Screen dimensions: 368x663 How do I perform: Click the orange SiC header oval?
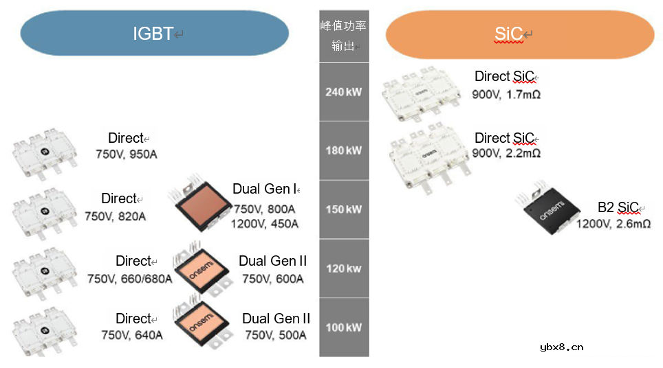[x=519, y=34]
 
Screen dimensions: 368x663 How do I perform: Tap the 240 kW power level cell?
[x=344, y=92]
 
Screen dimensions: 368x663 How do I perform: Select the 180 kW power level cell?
[x=344, y=150]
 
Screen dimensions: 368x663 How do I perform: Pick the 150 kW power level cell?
[x=344, y=209]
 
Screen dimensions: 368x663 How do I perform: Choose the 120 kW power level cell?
[x=344, y=268]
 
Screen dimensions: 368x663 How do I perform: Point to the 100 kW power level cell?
[x=344, y=327]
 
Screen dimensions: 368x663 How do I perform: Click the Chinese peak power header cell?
[x=344, y=36]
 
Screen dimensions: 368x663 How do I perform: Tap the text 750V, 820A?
[x=115, y=217]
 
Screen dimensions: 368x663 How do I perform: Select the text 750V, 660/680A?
[x=129, y=279]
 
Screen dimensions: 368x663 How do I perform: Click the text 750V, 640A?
[x=131, y=335]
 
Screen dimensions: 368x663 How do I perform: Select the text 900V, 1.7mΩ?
[x=506, y=95]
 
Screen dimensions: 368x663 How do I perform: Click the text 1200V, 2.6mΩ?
[x=613, y=224]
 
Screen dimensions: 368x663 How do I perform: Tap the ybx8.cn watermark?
[x=562, y=347]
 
